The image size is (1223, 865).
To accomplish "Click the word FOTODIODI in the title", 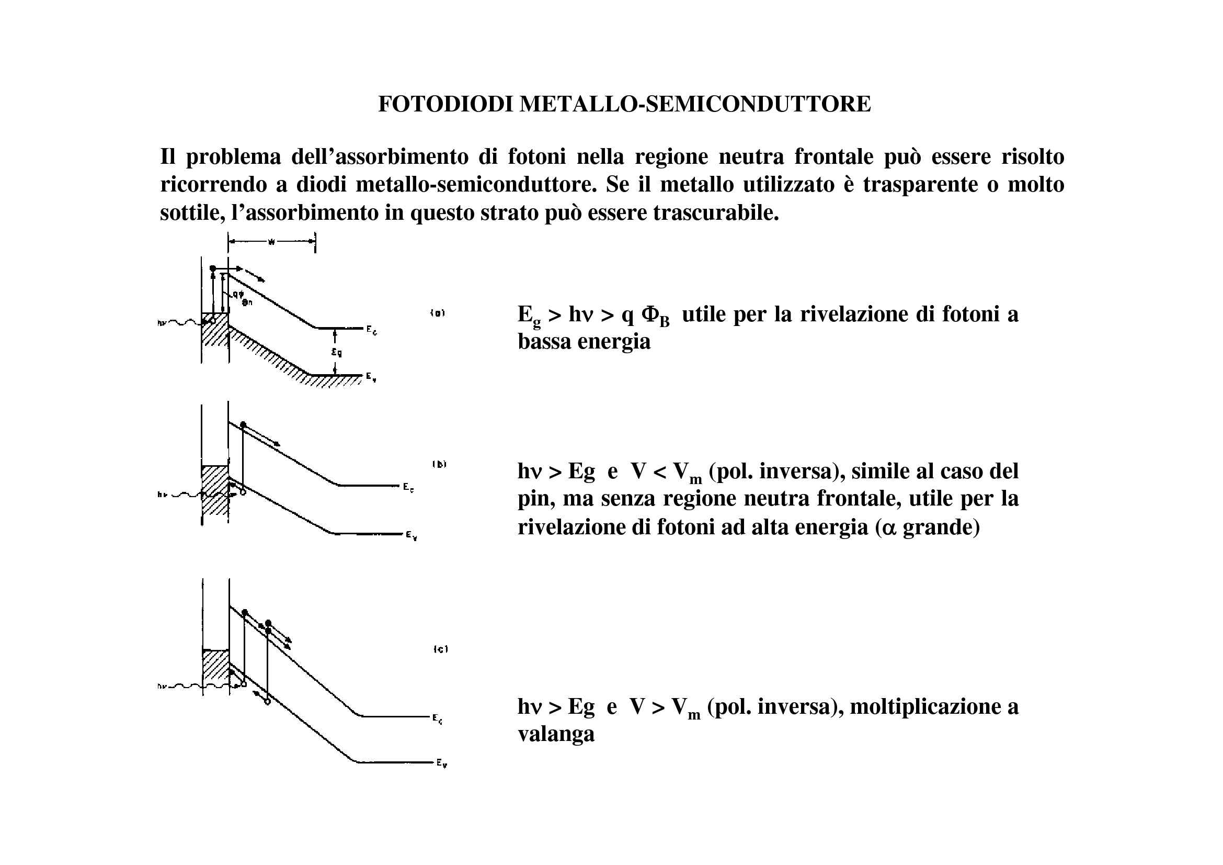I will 445,104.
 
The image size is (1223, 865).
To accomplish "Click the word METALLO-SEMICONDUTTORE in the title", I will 695,104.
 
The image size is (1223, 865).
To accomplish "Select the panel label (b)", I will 439,464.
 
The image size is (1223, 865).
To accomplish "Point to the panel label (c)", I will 440,649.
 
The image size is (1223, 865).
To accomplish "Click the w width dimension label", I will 271,242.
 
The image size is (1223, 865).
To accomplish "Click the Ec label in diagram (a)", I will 372,330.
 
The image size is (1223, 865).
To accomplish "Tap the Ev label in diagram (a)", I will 371,377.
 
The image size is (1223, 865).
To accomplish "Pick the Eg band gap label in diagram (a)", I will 337,352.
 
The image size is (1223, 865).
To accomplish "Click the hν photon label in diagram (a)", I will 162,322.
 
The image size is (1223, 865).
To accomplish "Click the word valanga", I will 556,734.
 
